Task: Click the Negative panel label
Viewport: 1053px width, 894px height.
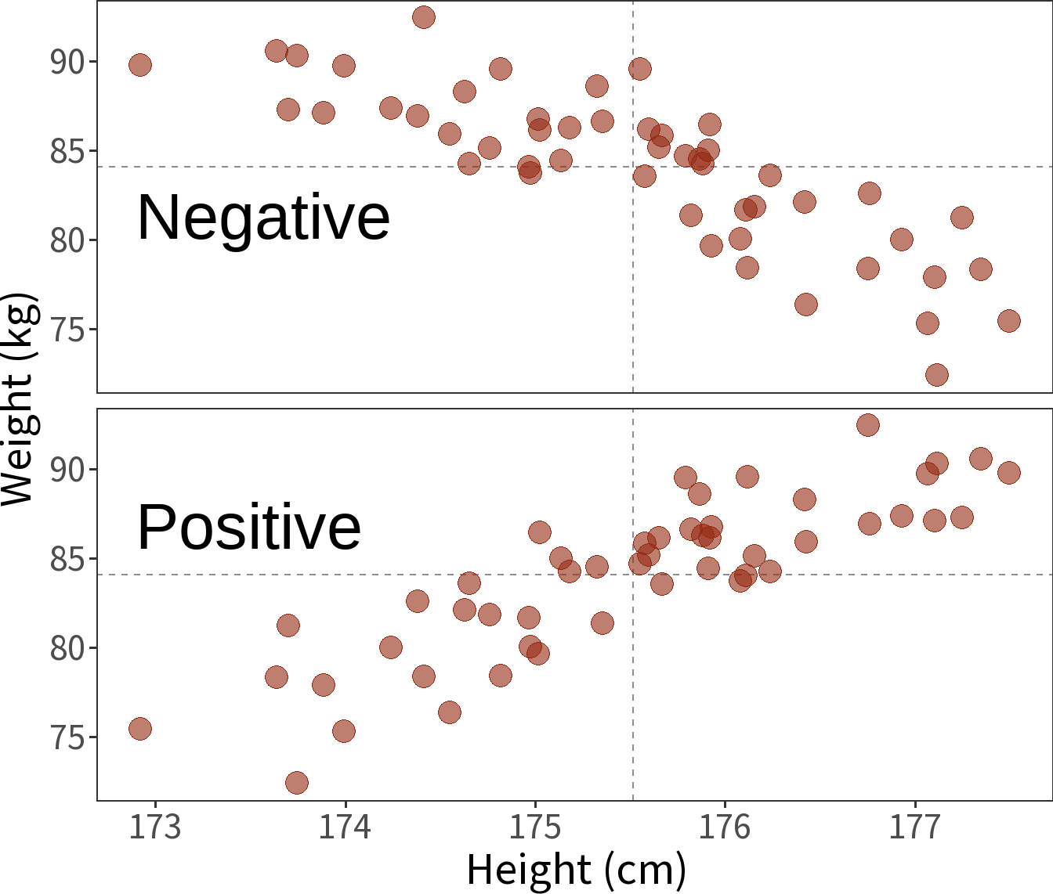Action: (x=263, y=218)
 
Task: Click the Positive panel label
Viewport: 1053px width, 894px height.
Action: (x=249, y=528)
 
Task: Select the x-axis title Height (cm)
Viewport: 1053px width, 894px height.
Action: (x=576, y=870)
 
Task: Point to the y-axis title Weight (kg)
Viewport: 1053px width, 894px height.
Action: (x=17, y=399)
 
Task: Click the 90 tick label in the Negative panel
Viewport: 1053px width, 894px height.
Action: (x=67, y=62)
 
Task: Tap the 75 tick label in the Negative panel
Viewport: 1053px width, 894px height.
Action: (x=67, y=330)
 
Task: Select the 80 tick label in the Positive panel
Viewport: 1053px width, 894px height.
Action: (x=67, y=648)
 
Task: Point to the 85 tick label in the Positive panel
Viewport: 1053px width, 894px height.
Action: (x=67, y=559)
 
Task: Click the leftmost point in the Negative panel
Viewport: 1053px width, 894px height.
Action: (x=140, y=65)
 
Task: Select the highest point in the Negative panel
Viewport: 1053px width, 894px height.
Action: (x=424, y=17)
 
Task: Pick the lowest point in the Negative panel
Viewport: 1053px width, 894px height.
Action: (x=937, y=375)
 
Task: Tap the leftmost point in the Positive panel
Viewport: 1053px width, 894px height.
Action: (x=140, y=729)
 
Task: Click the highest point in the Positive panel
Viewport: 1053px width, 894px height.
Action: (x=868, y=425)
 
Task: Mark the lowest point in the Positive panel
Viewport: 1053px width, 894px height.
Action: (x=297, y=783)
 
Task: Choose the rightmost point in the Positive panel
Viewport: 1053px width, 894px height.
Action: (x=1009, y=473)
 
